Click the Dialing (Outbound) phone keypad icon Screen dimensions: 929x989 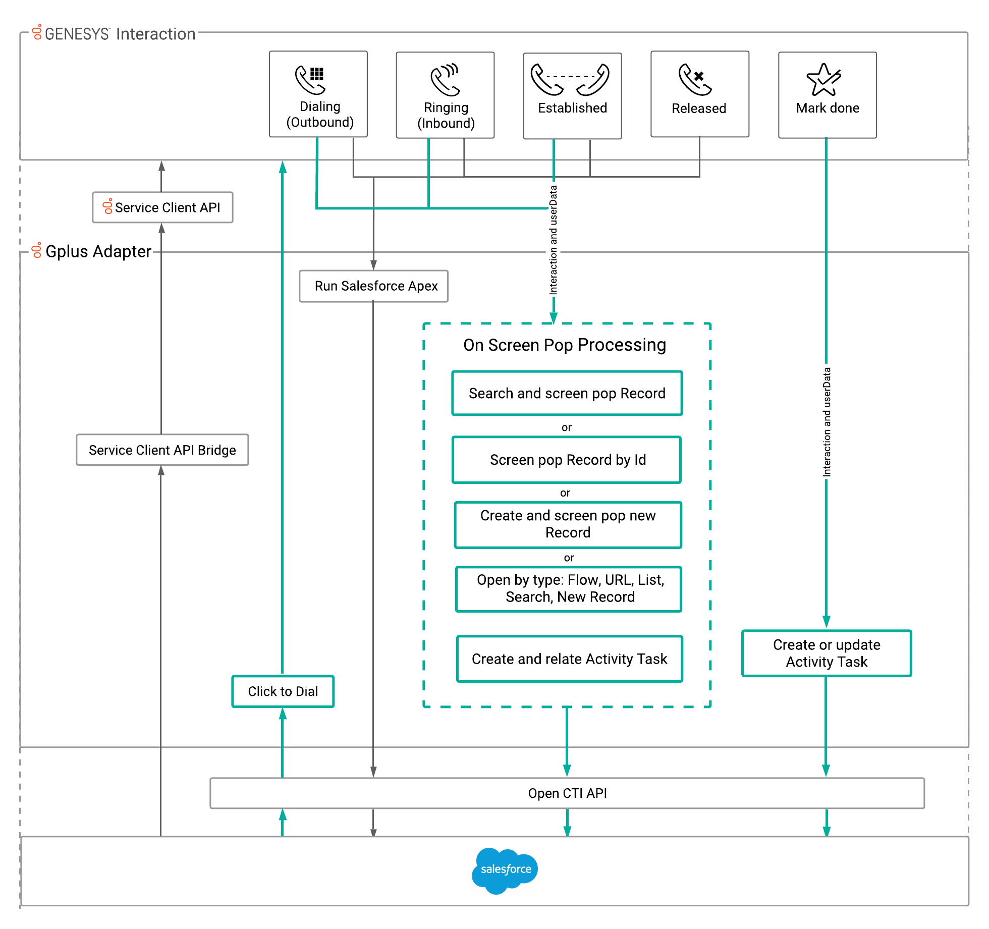(x=310, y=80)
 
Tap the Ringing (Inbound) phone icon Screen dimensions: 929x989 (x=445, y=80)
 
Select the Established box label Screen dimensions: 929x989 (x=572, y=108)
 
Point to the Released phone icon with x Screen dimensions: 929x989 (x=695, y=80)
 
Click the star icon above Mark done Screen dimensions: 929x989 (x=823, y=80)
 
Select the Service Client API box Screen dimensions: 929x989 (x=162, y=207)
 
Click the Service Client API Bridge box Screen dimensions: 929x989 (x=162, y=450)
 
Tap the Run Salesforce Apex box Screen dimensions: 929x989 (x=373, y=286)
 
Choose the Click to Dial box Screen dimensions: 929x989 (x=283, y=691)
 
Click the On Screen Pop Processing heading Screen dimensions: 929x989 (x=565, y=345)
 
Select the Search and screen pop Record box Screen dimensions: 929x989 (x=567, y=394)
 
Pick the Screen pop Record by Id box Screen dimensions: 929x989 (x=567, y=460)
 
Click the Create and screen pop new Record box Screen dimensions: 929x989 (x=568, y=524)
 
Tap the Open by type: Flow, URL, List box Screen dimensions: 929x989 (x=569, y=589)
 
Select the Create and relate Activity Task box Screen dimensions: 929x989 (x=569, y=659)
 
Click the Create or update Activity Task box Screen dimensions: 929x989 (x=826, y=653)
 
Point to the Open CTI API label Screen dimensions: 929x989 (x=567, y=793)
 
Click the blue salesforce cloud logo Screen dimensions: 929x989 (x=505, y=869)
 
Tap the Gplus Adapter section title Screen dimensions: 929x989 (x=98, y=251)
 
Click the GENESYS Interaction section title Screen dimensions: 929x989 (x=119, y=34)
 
